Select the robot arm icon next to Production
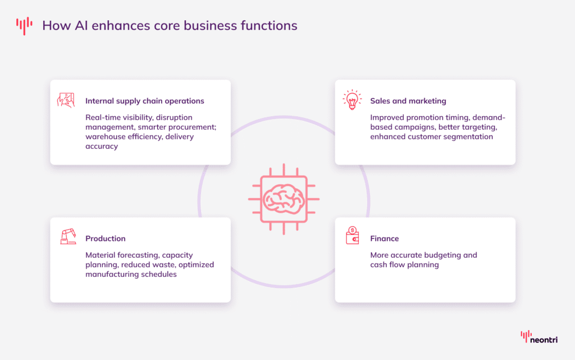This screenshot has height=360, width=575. click(x=67, y=236)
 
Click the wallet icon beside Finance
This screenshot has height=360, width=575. click(x=352, y=236)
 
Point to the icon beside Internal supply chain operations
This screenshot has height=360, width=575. click(x=66, y=100)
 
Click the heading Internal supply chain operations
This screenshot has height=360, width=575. click(x=144, y=101)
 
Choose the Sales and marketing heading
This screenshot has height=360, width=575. click(x=408, y=101)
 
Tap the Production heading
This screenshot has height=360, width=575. click(x=105, y=239)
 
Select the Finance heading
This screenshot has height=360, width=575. click(x=384, y=239)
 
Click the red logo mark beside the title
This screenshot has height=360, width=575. click(x=24, y=25)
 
